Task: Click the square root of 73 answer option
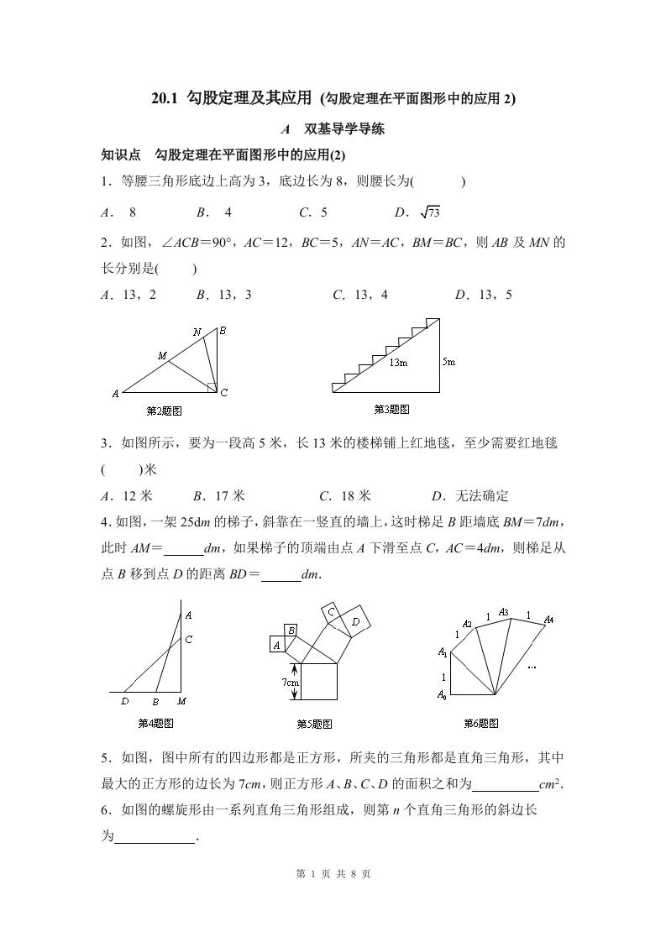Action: (429, 212)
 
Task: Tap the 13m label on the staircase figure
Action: (397, 363)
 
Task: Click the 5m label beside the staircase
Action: (448, 362)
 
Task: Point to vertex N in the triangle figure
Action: (197, 332)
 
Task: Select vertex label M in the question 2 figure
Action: (162, 356)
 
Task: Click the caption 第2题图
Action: (164, 411)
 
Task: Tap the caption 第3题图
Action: (391, 410)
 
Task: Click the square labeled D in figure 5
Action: (356, 621)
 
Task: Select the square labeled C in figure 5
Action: (332, 613)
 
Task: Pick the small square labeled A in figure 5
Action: (276, 644)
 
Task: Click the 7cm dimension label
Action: (289, 683)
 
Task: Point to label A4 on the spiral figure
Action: (548, 620)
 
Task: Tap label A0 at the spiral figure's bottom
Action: (442, 694)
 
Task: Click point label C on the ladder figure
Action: (189, 640)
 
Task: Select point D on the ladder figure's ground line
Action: (125, 701)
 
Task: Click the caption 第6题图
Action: (481, 723)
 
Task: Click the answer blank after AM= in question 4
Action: (184, 548)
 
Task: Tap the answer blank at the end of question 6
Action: (154, 836)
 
